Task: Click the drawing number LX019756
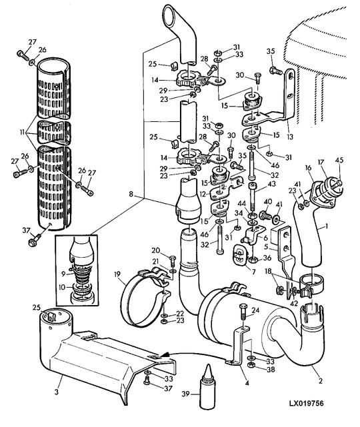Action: click(306, 403)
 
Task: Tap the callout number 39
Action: click(185, 394)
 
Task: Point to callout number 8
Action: click(131, 195)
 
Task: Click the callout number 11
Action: click(23, 133)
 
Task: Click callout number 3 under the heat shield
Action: click(57, 392)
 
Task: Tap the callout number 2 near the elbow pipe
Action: click(321, 381)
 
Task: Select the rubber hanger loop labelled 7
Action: click(239, 255)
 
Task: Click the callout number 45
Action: click(339, 160)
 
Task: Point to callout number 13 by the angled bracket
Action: click(290, 136)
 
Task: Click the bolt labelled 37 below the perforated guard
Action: click(34, 240)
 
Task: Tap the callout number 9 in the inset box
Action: click(63, 274)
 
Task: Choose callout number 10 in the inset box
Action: click(63, 287)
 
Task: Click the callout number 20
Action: click(155, 250)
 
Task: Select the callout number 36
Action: click(267, 258)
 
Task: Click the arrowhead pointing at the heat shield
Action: click(165, 355)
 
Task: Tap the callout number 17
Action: click(321, 163)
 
